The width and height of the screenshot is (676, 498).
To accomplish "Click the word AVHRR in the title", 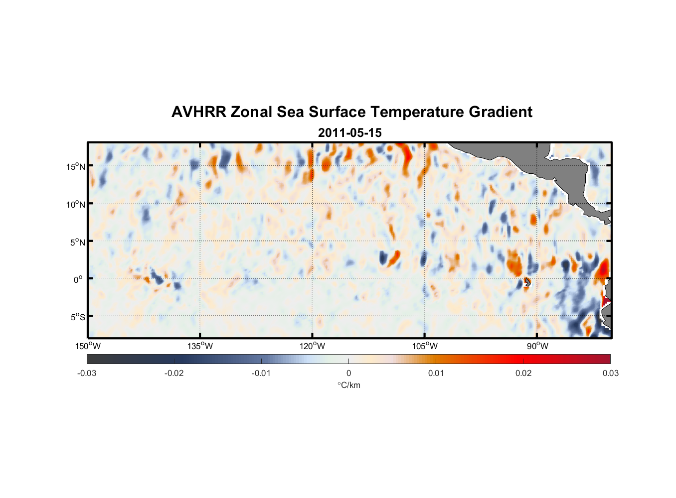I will click(198, 112).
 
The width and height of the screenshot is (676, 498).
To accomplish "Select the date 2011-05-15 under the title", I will click(349, 133).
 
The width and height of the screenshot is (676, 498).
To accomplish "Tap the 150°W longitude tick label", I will click(88, 347).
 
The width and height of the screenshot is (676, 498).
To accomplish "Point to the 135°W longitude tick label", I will click(200, 347).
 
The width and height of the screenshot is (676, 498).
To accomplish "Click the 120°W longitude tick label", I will click(312, 347).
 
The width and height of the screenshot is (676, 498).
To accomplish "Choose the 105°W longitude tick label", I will click(425, 347).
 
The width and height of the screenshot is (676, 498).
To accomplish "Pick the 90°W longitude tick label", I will click(537, 347).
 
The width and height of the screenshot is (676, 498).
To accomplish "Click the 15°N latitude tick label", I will click(75, 166).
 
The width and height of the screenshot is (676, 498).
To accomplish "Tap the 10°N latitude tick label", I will click(75, 204).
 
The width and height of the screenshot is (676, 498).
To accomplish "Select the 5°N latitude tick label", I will click(77, 242).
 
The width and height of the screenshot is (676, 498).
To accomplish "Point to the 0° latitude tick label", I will click(78, 279).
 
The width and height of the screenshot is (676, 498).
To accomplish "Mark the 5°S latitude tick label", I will click(77, 317).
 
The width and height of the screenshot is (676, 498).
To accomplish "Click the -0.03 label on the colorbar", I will click(87, 373).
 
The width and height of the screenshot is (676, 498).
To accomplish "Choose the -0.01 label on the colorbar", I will click(261, 373).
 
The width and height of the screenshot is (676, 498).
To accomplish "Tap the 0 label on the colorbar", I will click(348, 373).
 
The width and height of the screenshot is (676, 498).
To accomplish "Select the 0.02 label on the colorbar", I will click(523, 373).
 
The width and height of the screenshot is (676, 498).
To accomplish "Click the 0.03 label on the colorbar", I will click(610, 373).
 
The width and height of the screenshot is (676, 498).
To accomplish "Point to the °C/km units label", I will click(348, 385).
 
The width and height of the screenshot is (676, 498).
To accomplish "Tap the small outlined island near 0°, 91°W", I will click(527, 282).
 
